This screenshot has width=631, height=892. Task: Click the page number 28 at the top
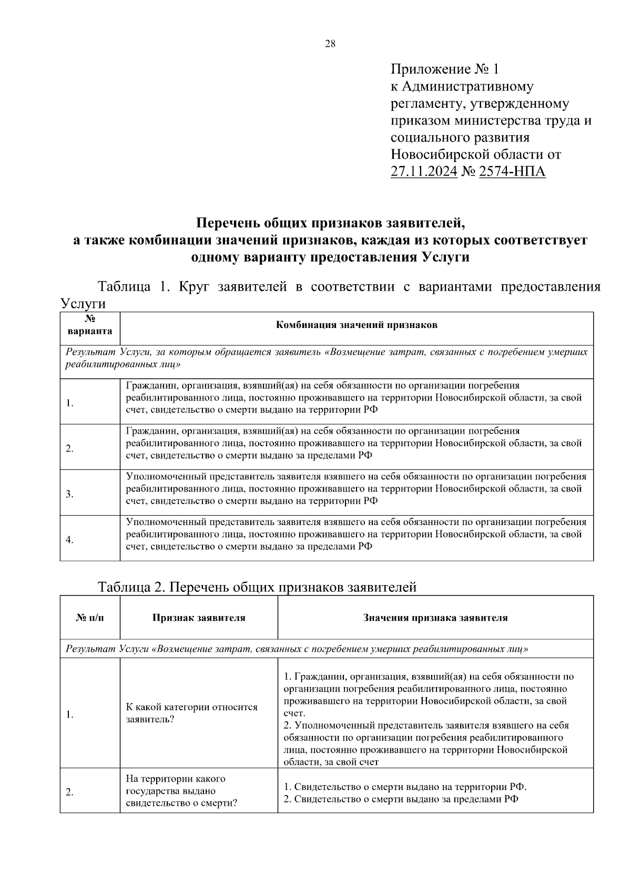click(330, 44)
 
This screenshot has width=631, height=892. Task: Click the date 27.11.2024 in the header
click(424, 171)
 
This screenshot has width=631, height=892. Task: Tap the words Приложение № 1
click(444, 69)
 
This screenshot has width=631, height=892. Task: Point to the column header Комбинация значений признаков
click(357, 325)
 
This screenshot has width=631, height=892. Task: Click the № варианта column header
click(90, 325)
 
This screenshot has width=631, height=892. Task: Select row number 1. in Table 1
click(70, 404)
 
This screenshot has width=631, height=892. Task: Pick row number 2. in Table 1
click(70, 449)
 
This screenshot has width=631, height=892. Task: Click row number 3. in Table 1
click(70, 494)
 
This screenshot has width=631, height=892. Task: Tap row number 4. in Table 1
click(70, 540)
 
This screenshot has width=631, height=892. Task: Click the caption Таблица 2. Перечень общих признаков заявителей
click(257, 587)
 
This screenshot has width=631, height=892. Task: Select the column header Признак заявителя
click(199, 618)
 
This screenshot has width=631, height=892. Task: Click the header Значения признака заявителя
click(435, 618)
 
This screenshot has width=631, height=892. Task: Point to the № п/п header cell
click(90, 618)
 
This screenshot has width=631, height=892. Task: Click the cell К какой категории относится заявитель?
click(191, 713)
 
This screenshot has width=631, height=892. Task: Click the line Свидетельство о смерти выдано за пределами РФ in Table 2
click(400, 799)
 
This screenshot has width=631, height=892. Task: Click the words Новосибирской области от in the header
click(476, 155)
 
